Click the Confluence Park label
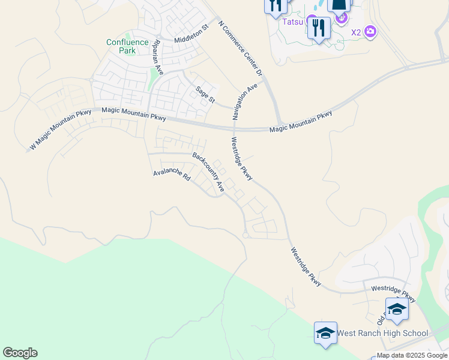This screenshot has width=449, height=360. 127,46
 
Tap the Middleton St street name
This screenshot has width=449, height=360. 190,34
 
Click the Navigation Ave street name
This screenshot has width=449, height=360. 245,102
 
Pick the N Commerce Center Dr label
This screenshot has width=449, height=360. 241,47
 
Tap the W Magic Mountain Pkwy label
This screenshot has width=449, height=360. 61,128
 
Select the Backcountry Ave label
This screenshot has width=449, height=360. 208,172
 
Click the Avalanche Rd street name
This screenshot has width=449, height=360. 172,175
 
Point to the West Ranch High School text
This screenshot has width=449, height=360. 382,333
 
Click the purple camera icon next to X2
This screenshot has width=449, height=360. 370,31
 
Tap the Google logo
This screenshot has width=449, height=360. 20,353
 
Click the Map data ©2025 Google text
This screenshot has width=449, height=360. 412,355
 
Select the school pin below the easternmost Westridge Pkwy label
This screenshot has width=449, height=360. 397,309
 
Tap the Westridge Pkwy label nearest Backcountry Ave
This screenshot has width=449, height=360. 243,159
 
